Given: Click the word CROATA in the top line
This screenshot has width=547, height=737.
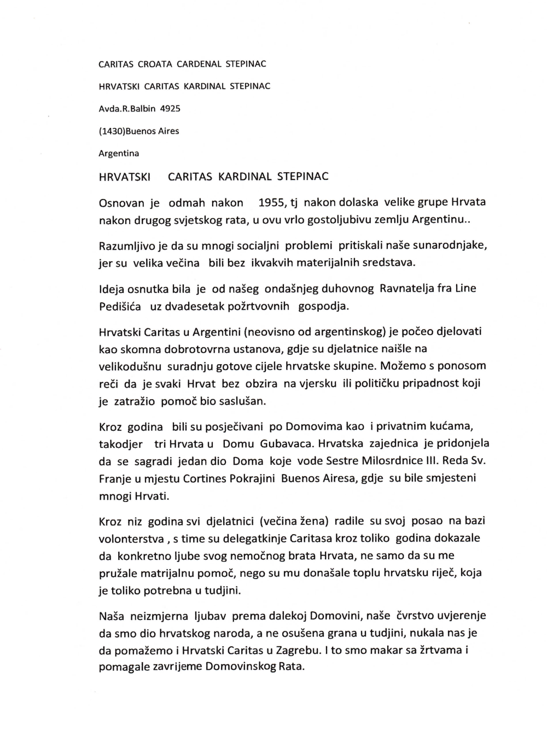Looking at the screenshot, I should [x=155, y=64].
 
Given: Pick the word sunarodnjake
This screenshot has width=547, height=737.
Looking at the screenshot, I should [x=449, y=245].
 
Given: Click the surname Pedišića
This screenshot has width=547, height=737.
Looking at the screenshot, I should [x=120, y=306].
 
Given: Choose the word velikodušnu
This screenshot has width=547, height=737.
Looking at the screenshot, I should [x=129, y=366].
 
